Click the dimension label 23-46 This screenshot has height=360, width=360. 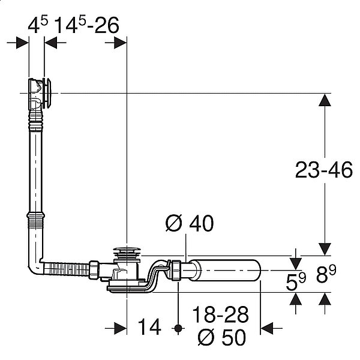click(x=323, y=170)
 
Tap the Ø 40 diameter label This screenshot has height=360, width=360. click(x=190, y=223)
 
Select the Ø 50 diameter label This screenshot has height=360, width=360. click(x=222, y=337)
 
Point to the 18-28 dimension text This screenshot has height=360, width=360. click(x=220, y=314)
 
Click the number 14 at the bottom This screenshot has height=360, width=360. click(x=149, y=326)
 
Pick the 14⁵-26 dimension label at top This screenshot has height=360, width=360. click(x=87, y=25)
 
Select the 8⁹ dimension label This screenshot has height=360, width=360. click(x=326, y=274)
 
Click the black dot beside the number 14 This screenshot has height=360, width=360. click(x=178, y=328)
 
